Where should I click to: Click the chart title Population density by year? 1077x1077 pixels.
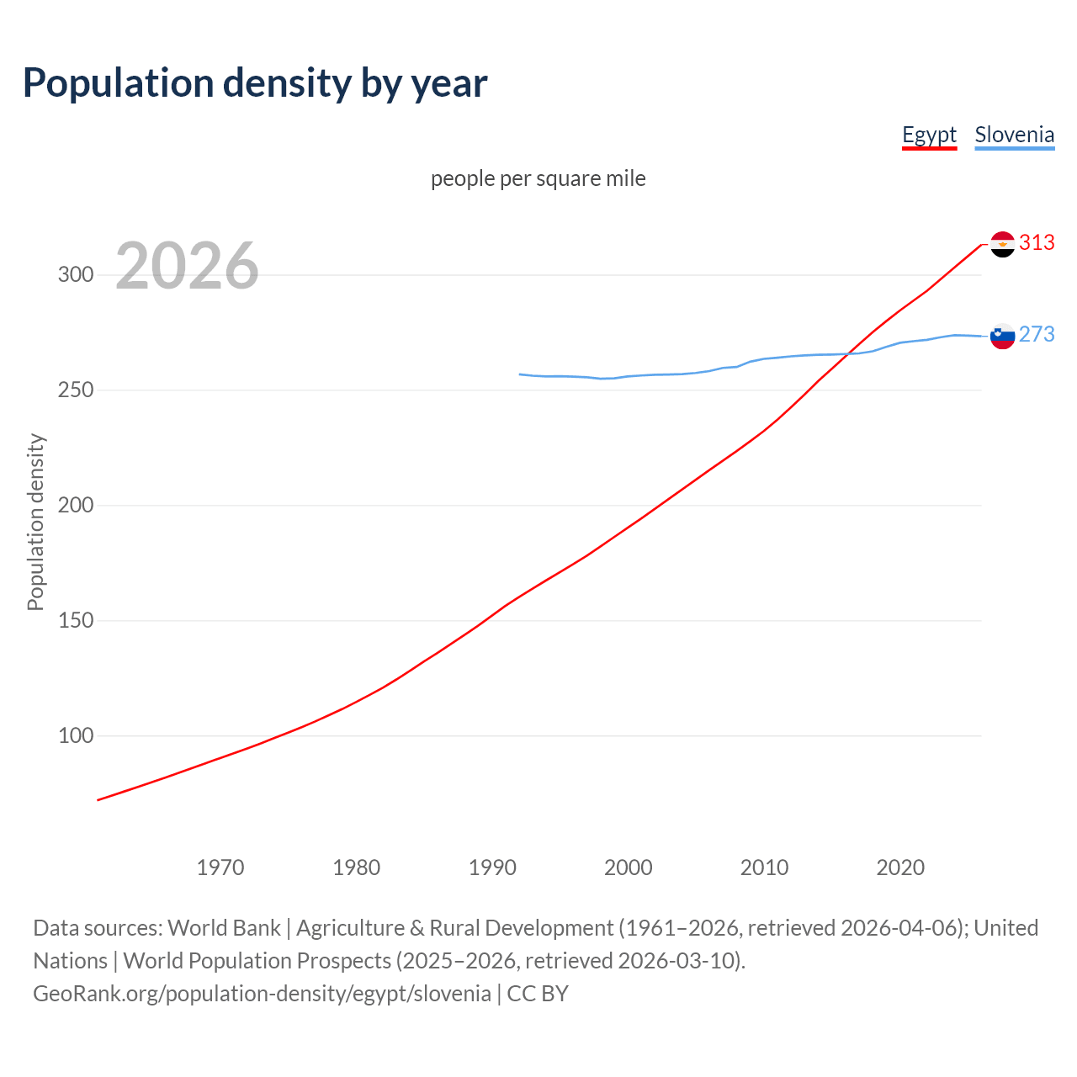click(255, 83)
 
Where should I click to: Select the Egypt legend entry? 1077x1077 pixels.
click(929, 135)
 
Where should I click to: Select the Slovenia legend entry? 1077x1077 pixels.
click(1014, 135)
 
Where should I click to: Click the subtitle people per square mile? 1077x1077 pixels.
click(538, 178)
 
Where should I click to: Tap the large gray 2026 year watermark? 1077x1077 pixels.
click(187, 266)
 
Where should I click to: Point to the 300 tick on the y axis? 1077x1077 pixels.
click(76, 275)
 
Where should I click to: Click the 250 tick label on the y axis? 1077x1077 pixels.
click(76, 390)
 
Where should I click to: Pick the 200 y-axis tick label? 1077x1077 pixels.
click(76, 506)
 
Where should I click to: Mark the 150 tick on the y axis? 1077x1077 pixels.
click(76, 621)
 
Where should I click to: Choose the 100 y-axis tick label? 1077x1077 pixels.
click(76, 736)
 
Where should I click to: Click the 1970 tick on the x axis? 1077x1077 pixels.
click(220, 867)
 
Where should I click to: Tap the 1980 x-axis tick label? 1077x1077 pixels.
click(356, 867)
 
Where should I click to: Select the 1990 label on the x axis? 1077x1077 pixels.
click(492, 867)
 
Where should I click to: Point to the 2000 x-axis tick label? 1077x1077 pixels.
click(629, 867)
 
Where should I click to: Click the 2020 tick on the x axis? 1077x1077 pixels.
click(900, 867)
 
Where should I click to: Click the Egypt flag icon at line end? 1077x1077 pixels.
click(1002, 244)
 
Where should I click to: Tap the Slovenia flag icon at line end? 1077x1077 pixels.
click(1002, 336)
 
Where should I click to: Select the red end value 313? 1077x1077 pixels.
click(1037, 243)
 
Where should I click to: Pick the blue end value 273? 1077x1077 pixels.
click(1037, 335)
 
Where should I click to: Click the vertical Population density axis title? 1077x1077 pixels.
click(35, 522)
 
